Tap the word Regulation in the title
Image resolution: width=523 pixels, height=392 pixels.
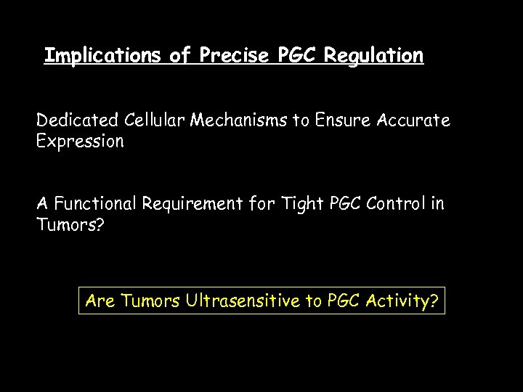click(x=374, y=56)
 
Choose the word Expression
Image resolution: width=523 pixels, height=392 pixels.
click(x=81, y=141)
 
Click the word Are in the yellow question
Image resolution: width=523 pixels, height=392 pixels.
click(x=100, y=300)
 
